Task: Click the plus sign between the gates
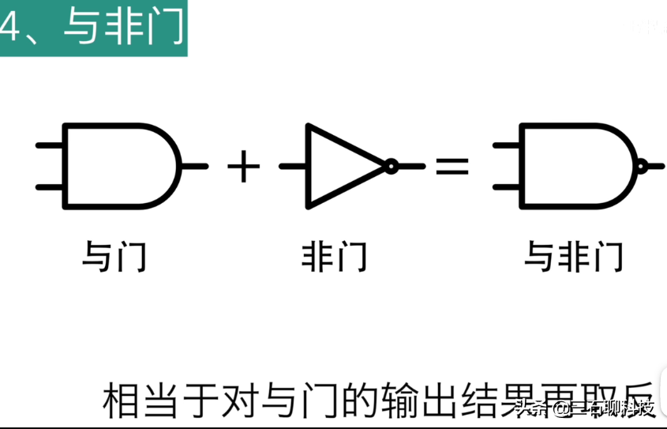click(243, 167)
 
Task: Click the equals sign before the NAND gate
click(452, 167)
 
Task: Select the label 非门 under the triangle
click(334, 258)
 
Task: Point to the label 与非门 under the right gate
click(574, 258)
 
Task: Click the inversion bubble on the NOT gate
click(390, 166)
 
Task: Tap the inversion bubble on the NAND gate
click(641, 166)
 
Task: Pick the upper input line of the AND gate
click(49, 145)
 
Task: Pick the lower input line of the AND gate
click(49, 187)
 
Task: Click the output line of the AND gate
click(195, 166)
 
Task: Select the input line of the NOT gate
click(292, 166)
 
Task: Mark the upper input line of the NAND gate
click(506, 145)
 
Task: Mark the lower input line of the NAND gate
click(506, 187)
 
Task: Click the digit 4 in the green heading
click(9, 28)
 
